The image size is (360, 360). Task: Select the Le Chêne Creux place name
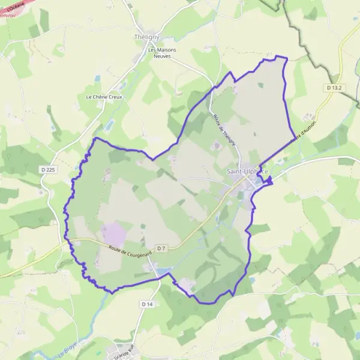(x=104, y=97)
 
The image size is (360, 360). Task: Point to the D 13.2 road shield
(x=335, y=88)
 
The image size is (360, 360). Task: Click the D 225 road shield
(x=50, y=170)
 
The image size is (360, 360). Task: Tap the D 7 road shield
(x=161, y=248)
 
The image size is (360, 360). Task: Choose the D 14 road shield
(x=148, y=305)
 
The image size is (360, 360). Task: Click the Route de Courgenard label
(x=130, y=250)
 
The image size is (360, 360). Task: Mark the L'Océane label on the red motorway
(x=17, y=4)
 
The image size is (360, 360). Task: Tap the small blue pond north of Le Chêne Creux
(x=97, y=77)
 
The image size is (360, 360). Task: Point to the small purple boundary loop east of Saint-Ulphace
(x=268, y=179)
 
